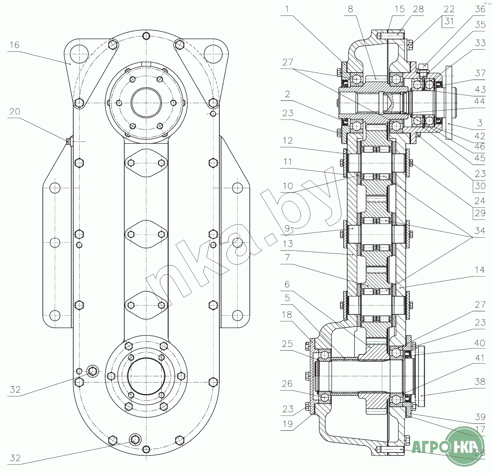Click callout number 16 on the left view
click(x=14, y=45)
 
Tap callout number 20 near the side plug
click(x=15, y=111)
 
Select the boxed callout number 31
click(x=449, y=21)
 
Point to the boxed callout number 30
click(x=480, y=186)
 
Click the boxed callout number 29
click(x=480, y=213)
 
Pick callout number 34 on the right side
click(x=480, y=231)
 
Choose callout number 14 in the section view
click(x=480, y=270)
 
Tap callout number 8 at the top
click(x=350, y=9)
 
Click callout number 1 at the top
click(x=287, y=9)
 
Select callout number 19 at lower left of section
click(x=288, y=424)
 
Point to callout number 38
click(x=480, y=382)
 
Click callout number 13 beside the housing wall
click(x=288, y=244)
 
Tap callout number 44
click(x=480, y=101)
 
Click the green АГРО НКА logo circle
click(x=465, y=446)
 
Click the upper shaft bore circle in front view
click(x=146, y=103)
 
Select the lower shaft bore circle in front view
click(x=146, y=376)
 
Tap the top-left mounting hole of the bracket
click(x=80, y=54)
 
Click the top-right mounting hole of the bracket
click(x=213, y=54)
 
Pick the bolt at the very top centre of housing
click(x=146, y=36)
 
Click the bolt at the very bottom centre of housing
click(x=146, y=449)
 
